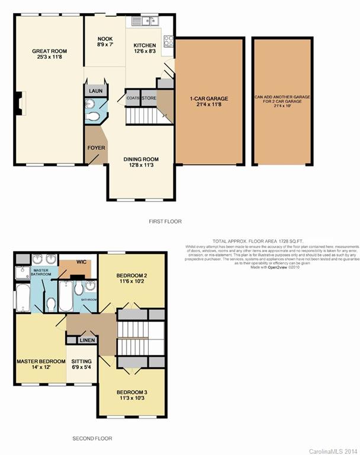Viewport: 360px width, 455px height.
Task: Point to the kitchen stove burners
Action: (x=168, y=41)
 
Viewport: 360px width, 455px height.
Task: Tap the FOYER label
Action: (x=96, y=148)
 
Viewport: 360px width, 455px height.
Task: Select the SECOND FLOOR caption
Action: (x=92, y=438)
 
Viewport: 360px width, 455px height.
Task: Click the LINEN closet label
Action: (x=88, y=340)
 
